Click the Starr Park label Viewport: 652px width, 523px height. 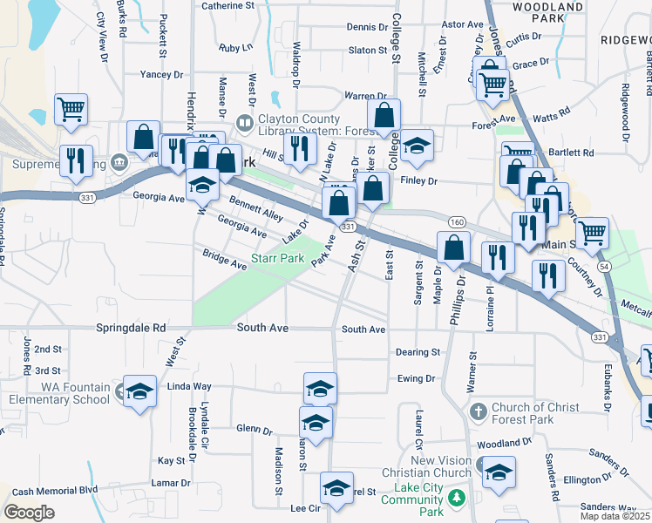pyautogui.click(x=277, y=258)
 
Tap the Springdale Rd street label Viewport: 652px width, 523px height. pyautogui.click(x=135, y=329)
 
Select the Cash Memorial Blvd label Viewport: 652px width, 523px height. pyautogui.click(x=55, y=491)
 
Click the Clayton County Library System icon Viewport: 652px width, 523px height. pyautogui.click(x=245, y=124)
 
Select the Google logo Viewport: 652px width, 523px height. pyautogui.click(x=29, y=513)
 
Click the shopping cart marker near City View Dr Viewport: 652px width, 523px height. pyautogui.click(x=71, y=109)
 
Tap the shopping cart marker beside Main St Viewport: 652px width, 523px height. pyautogui.click(x=592, y=232)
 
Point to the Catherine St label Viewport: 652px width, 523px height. pyautogui.click(x=233, y=5)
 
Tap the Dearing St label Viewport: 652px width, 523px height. pyautogui.click(x=418, y=352)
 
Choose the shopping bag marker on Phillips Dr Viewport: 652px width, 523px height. pyautogui.click(x=454, y=248)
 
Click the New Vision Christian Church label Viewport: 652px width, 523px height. pyautogui.click(x=435, y=466)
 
